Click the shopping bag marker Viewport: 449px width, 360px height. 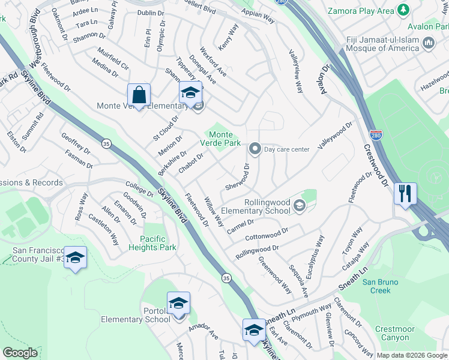pyautogui.click(x=139, y=95)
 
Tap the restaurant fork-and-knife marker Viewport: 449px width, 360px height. pyautogui.click(x=405, y=194)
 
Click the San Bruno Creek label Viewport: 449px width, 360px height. pyautogui.click(x=384, y=286)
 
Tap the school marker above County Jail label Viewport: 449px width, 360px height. pyautogui.click(x=75, y=258)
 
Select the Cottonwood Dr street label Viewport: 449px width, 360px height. pyautogui.click(x=267, y=233)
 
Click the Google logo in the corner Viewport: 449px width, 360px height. pyautogui.click(x=20, y=353)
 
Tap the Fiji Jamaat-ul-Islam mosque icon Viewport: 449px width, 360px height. pyautogui.click(x=429, y=43)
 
